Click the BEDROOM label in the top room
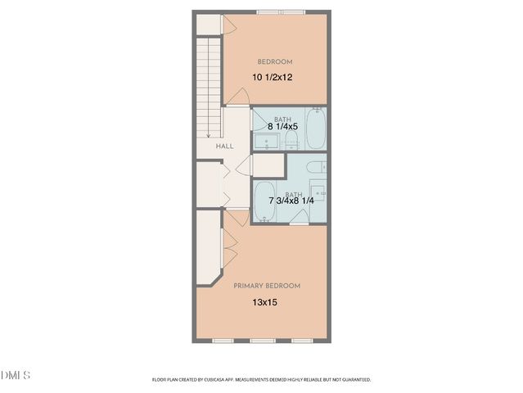(275, 61)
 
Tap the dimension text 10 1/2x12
(274, 77)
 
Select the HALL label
(224, 146)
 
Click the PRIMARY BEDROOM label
(267, 286)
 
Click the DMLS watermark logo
(16, 375)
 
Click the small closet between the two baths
(267, 164)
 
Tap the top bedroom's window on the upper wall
(281, 13)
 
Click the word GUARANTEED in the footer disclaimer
(354, 380)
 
